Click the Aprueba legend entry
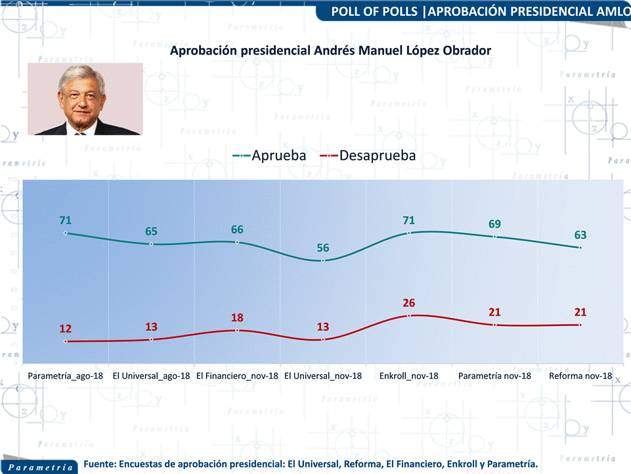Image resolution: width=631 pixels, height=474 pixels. click(270, 156)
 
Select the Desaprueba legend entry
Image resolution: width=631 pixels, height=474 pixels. click(368, 156)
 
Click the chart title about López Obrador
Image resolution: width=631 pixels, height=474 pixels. click(330, 51)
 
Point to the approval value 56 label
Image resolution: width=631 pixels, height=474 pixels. click(323, 248)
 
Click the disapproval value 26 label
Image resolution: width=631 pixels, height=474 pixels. click(409, 303)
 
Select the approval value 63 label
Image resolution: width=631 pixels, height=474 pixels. click(580, 235)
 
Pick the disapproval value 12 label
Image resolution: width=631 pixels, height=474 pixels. click(65, 329)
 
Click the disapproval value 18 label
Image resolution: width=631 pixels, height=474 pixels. click(238, 318)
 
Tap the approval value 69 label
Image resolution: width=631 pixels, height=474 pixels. click(494, 224)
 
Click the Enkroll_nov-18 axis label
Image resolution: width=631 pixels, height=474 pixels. click(408, 376)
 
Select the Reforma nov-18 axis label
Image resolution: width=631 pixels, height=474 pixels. click(580, 376)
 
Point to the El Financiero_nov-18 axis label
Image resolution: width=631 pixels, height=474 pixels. click(238, 376)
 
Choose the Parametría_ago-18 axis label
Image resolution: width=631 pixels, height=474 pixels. click(65, 376)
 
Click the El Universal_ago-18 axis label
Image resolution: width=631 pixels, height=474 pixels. click(151, 376)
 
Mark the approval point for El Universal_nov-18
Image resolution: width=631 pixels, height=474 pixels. click(323, 261)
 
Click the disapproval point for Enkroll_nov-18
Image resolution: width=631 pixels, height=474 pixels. click(409, 316)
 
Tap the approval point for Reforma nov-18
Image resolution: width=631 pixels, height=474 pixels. click(580, 248)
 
